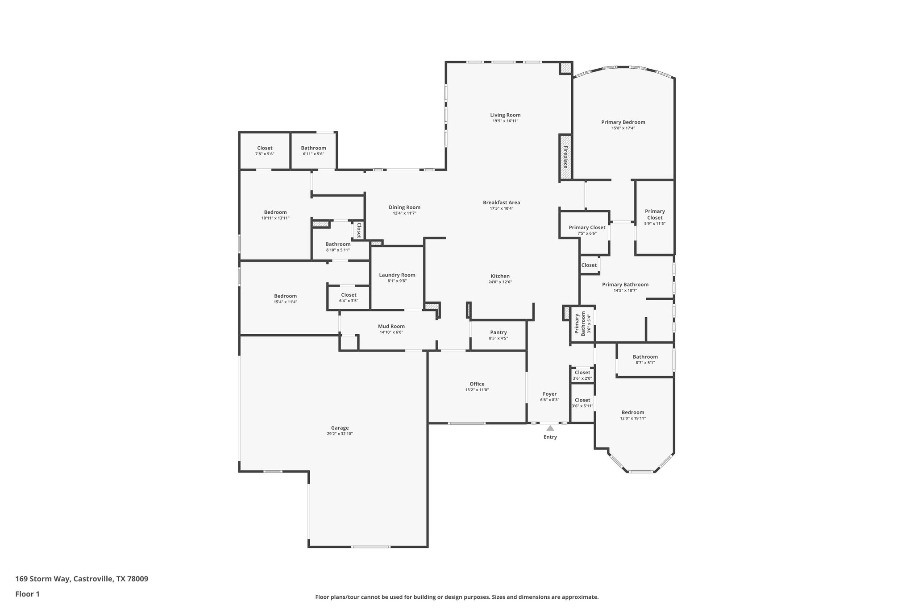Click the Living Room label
coord(505,115)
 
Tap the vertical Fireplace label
coord(565,157)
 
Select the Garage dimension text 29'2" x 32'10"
coord(340,434)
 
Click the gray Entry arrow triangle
coord(550,428)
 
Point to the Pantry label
coord(498,332)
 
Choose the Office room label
coord(477,384)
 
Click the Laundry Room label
coord(397,275)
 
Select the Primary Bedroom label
coord(623,122)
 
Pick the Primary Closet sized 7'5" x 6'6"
coord(587,228)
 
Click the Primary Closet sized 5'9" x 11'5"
coord(655,215)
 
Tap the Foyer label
coord(549,394)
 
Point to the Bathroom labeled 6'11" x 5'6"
coord(313,148)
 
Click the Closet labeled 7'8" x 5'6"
coord(265,148)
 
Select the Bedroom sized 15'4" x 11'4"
coord(285,296)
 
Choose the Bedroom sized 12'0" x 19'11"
coord(632,412)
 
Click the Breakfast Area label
coord(501,203)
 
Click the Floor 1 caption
coord(27,594)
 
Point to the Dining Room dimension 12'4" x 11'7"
coord(404,213)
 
